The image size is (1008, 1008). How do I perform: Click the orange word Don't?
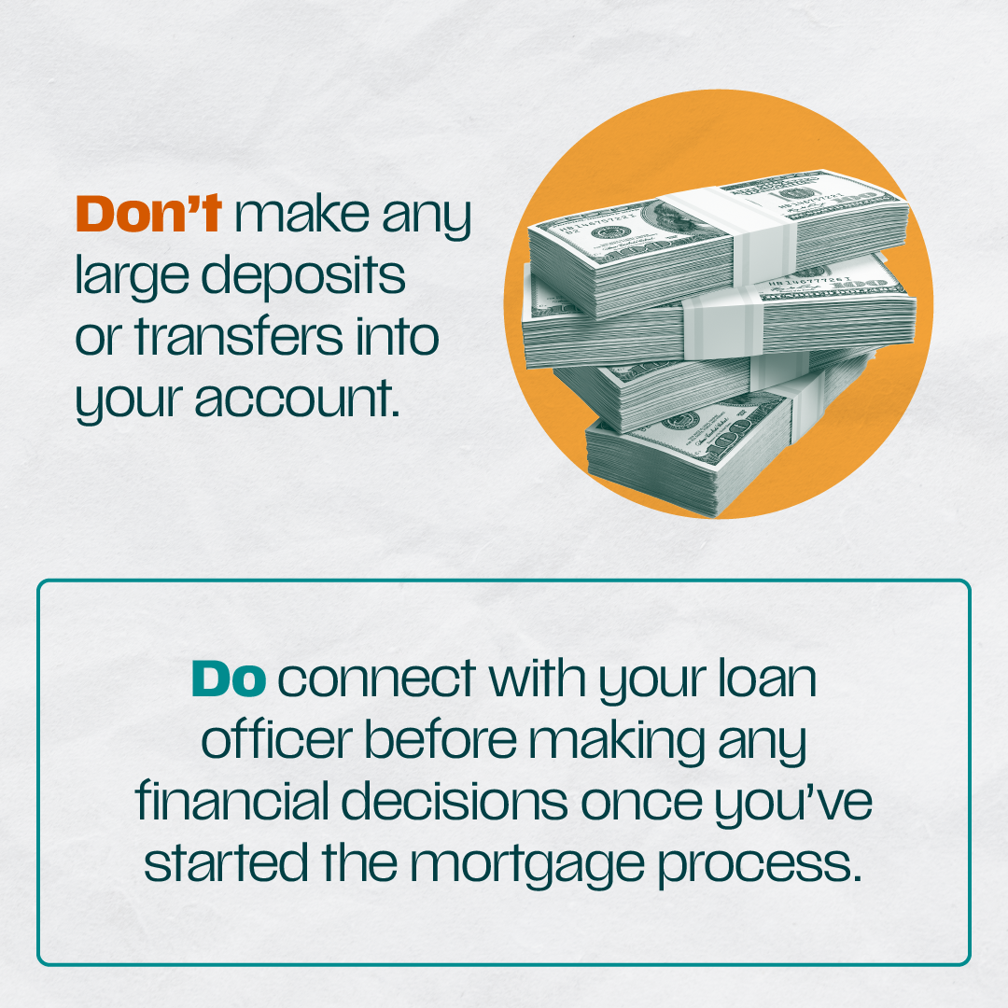click(x=148, y=214)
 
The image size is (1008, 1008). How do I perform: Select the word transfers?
click(x=239, y=337)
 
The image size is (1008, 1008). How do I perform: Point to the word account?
click(x=297, y=399)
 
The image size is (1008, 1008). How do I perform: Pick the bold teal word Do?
click(x=229, y=679)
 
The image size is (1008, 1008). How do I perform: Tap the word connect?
click(x=377, y=679)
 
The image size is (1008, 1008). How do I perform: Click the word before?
click(x=441, y=739)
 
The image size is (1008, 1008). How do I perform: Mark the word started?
click(x=226, y=862)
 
